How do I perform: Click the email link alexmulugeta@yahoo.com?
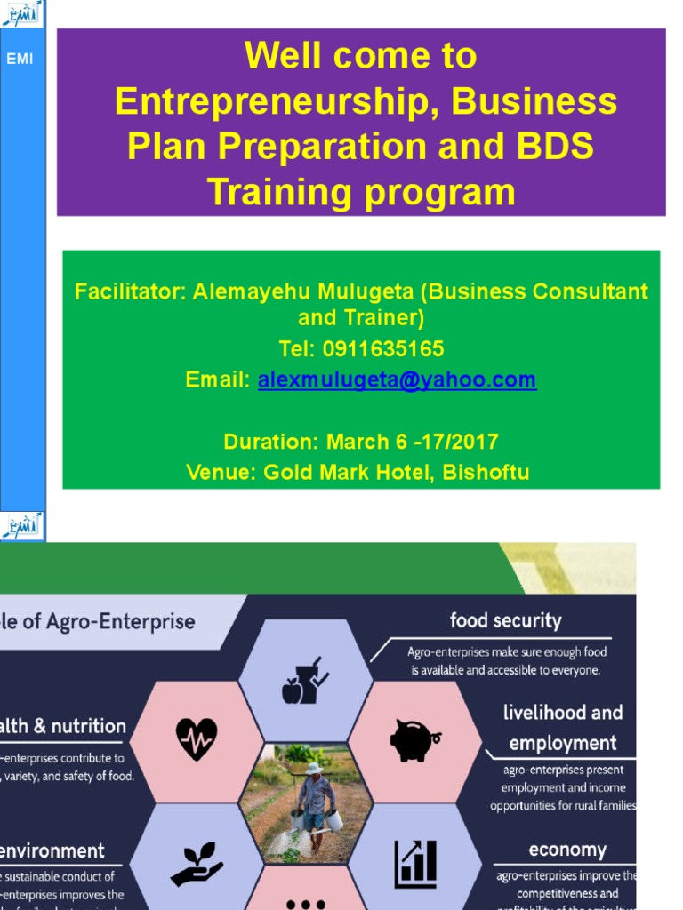[397, 380]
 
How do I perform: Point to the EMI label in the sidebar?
[20, 60]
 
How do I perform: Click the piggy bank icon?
[414, 739]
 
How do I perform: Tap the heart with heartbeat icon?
[196, 737]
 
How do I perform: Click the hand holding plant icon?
[196, 861]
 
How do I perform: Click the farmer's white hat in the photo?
[314, 768]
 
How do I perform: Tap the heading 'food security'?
[505, 620]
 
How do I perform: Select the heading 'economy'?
[567, 850]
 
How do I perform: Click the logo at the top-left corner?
[21, 12]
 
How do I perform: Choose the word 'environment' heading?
[53, 850]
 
